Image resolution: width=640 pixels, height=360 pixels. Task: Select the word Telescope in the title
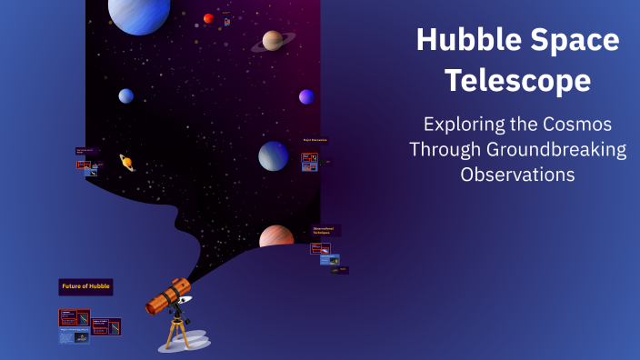(x=517, y=81)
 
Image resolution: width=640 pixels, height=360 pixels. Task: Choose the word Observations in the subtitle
(x=517, y=175)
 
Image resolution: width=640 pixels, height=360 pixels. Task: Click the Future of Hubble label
(x=86, y=286)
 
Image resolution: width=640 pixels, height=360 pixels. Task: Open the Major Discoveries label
(x=315, y=140)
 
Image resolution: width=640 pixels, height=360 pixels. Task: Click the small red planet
(x=209, y=18)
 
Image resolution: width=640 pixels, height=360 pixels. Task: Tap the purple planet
(x=306, y=96)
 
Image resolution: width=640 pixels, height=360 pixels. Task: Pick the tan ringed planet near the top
(x=273, y=41)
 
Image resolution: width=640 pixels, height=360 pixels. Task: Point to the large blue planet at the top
(x=139, y=14)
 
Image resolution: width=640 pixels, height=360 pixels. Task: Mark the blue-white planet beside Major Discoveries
(x=273, y=155)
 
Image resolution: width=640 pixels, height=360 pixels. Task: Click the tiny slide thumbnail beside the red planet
(x=227, y=21)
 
